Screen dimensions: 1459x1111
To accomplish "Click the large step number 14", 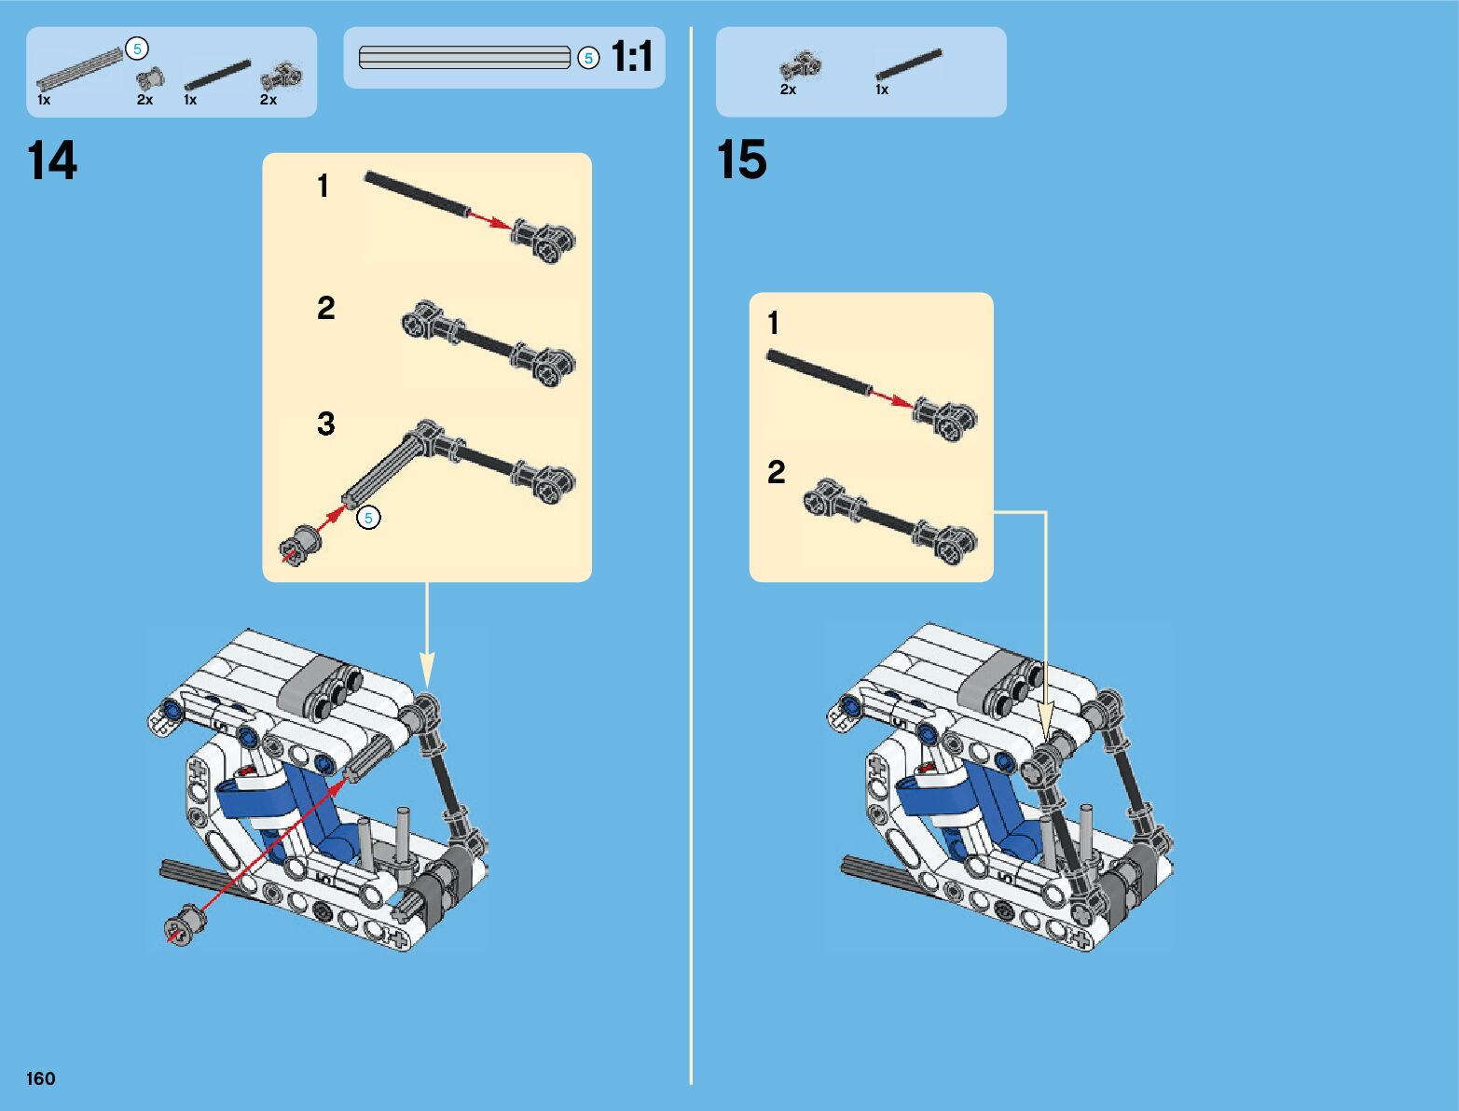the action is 52,161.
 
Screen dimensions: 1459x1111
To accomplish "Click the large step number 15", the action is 741,160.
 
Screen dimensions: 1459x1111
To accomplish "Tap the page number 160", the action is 41,1078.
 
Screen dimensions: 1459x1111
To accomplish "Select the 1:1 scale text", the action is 632,57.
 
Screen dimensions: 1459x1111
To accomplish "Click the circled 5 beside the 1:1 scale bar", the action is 587,58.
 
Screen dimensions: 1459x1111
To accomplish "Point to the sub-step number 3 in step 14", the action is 325,424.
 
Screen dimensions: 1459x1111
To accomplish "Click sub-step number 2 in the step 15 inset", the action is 776,472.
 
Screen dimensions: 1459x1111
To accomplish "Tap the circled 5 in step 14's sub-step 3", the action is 369,518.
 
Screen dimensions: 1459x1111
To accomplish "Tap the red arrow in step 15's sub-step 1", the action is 890,398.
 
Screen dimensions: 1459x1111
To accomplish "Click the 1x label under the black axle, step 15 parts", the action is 882,90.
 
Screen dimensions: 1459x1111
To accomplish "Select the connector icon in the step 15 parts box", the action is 800,66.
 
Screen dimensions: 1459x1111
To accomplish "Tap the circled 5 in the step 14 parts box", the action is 137,49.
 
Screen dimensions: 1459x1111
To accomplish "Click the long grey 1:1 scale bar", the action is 464,58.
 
